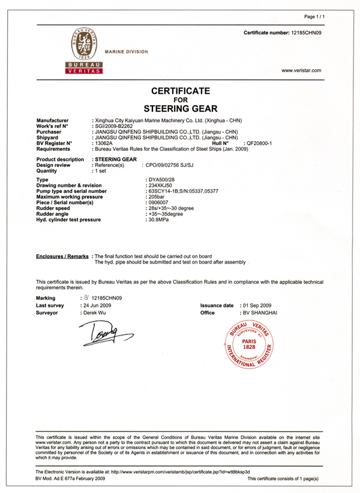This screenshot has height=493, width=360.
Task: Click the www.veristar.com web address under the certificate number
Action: pos(301,70)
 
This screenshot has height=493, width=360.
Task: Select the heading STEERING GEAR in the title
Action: pos(180,109)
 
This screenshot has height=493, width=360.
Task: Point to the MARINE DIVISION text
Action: pos(126,52)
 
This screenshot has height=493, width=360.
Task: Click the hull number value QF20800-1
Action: pos(256,144)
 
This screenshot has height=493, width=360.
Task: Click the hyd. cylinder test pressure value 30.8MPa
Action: pos(160,220)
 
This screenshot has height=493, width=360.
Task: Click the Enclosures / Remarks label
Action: pos(62,256)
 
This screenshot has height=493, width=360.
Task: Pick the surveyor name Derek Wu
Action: pos(95,313)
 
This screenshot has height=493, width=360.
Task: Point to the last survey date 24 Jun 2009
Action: pos(96,306)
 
